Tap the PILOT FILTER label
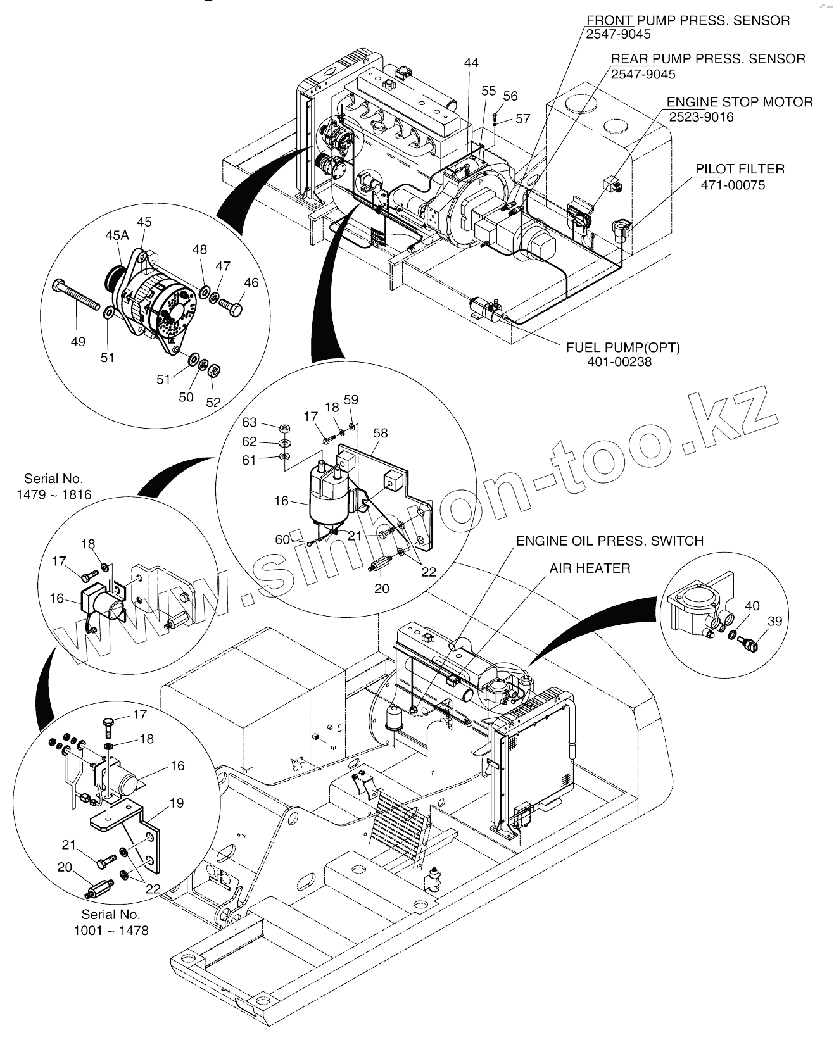(x=740, y=169)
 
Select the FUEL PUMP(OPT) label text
(x=622, y=347)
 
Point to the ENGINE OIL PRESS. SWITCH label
(x=609, y=541)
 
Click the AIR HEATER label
(x=590, y=568)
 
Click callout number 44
(x=471, y=63)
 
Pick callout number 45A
(x=117, y=235)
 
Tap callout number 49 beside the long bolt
(x=78, y=342)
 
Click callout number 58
(x=381, y=433)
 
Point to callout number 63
(x=250, y=422)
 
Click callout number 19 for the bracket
(x=177, y=803)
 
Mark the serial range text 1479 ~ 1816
(x=54, y=494)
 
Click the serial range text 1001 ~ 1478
(x=111, y=931)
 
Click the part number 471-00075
(x=733, y=185)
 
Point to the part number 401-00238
(x=619, y=362)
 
